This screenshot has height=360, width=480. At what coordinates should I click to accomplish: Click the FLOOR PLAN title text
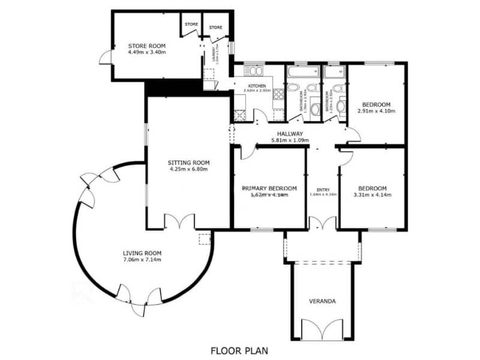(239, 350)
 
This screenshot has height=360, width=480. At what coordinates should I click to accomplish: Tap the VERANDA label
(322, 301)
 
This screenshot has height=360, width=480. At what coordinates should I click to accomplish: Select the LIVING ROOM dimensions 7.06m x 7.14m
(142, 259)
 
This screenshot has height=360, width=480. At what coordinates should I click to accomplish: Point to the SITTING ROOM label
(188, 162)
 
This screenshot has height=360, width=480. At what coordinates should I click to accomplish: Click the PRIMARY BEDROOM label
(265, 187)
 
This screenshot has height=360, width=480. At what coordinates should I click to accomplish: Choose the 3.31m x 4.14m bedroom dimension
(372, 194)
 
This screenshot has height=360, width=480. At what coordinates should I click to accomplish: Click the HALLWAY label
(290, 134)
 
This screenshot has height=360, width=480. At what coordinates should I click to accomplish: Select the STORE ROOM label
(146, 46)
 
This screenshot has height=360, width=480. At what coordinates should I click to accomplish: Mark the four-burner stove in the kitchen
(278, 94)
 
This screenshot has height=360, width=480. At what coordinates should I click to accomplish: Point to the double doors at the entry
(322, 223)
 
